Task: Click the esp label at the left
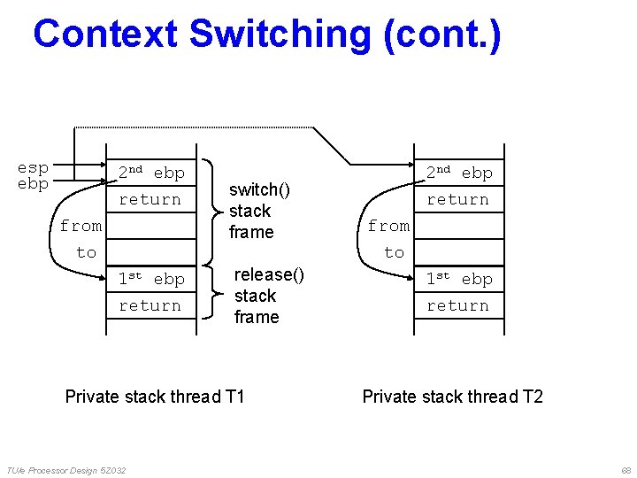[33, 167]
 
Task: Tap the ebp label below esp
[33, 184]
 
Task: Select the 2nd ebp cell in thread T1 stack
[151, 173]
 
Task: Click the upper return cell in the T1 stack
[150, 199]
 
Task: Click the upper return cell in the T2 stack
[458, 199]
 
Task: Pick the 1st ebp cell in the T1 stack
[151, 279]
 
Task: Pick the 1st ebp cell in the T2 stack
[459, 279]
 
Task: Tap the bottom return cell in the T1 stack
[150, 305]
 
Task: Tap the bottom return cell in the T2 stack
[458, 305]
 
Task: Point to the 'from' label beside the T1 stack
[81, 226]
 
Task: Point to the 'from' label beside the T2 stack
[388, 226]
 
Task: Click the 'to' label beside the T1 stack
[86, 252]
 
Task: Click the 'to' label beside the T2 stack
[394, 252]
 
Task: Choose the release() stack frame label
[268, 296]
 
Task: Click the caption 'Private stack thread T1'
[155, 396]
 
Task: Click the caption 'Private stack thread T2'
[452, 396]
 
